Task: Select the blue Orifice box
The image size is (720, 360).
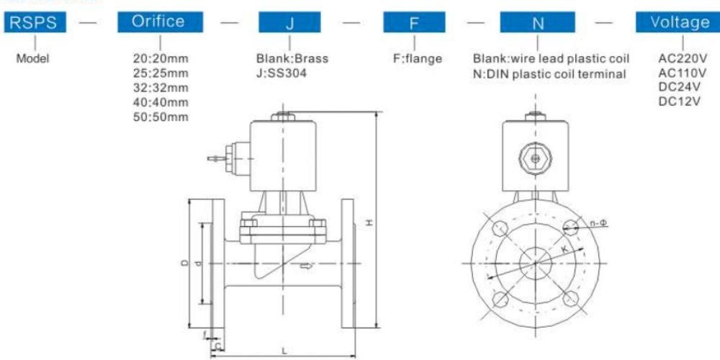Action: tap(158, 22)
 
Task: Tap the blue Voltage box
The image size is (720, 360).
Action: tap(680, 22)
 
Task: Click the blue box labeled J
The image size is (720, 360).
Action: tap(289, 22)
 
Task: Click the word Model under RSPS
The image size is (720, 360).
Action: tap(33, 59)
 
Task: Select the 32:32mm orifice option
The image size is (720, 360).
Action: tap(161, 88)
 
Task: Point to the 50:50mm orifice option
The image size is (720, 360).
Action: tap(161, 117)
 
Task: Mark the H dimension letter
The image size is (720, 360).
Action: tap(368, 223)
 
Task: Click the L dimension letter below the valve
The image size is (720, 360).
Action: tap(285, 351)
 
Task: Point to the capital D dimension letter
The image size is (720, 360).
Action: tap(184, 264)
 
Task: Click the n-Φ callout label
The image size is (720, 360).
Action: tap(598, 224)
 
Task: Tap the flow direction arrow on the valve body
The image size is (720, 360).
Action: tap(306, 267)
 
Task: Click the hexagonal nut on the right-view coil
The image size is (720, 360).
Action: tap(534, 156)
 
